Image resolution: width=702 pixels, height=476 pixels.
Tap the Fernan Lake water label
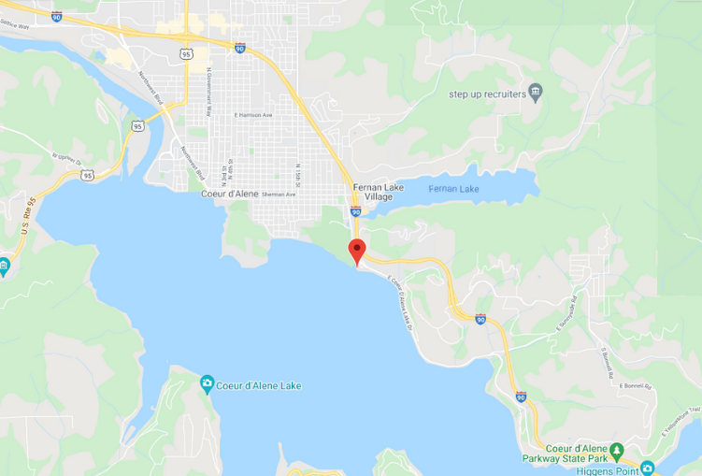click(453, 189)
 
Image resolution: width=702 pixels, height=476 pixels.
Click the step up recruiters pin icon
click(536, 91)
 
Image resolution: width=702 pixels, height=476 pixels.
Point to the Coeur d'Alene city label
click(229, 194)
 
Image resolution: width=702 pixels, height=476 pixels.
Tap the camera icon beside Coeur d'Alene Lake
click(207, 384)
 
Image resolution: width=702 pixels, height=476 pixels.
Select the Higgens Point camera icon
click(647, 467)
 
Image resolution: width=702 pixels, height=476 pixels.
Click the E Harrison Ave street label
click(253, 115)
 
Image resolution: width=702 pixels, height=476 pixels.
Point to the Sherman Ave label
click(279, 195)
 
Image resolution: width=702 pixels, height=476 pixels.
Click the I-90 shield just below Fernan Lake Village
click(356, 212)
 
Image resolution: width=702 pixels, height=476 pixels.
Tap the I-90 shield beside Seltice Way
click(57, 17)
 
